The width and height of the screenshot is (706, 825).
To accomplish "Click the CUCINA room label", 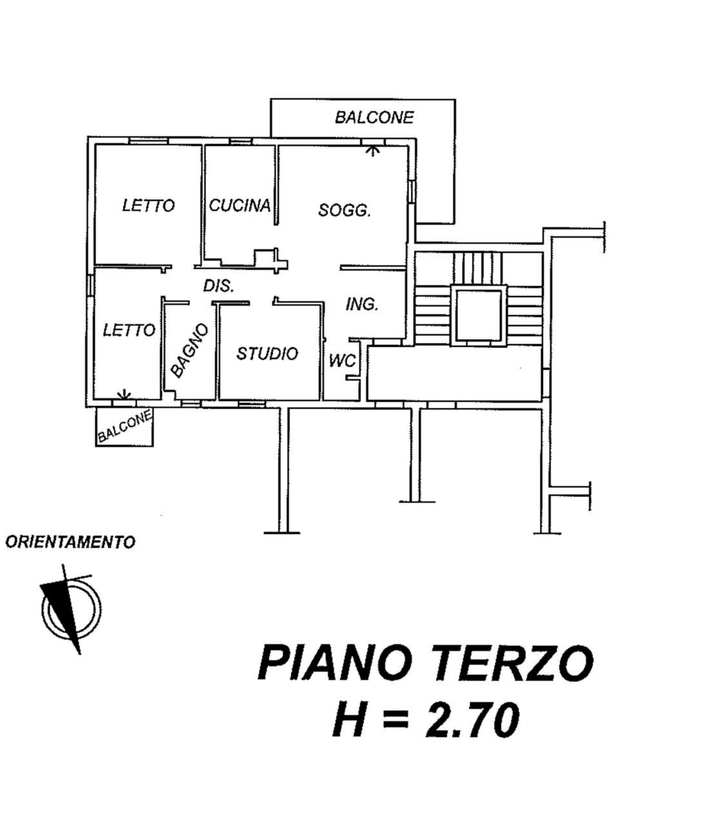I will (239, 206).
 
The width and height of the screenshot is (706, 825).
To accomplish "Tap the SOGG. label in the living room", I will (344, 210).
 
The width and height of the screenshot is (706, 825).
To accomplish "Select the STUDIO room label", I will (267, 353).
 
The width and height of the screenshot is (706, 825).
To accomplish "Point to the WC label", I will (342, 361).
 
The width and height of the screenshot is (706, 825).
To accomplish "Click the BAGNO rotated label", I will (190, 351).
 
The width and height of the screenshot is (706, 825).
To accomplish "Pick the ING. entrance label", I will (362, 304).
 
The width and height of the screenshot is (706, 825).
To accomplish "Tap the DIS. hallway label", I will (219, 286).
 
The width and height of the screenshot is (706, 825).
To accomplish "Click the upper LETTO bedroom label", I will (148, 206).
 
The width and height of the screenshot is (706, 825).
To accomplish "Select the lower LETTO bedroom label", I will (129, 331).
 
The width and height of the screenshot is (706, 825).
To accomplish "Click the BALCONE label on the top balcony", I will (374, 117).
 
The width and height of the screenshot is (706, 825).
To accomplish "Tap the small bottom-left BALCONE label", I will (124, 427).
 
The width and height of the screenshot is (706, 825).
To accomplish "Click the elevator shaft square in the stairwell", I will (478, 315).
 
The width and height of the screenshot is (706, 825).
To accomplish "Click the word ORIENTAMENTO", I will (70, 542).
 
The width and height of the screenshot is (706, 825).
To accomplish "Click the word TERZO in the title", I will (513, 663).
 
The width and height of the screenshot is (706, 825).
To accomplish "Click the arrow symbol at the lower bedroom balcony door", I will (124, 395).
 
